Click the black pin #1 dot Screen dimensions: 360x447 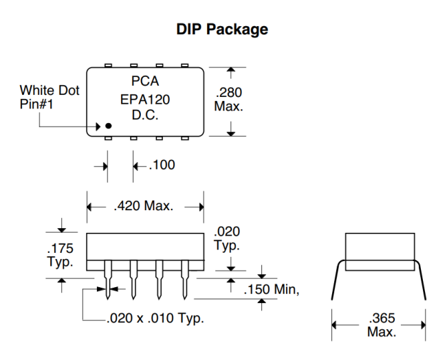pos(108,126)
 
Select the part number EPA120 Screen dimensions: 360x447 pos(145,99)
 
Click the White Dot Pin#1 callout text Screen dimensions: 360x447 pos(48,97)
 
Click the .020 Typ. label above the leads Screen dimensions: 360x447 pos(228,238)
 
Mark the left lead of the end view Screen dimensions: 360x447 pos(336,282)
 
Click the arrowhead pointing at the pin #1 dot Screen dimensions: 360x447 pos(100,126)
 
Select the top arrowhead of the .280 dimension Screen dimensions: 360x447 pos(232,71)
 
